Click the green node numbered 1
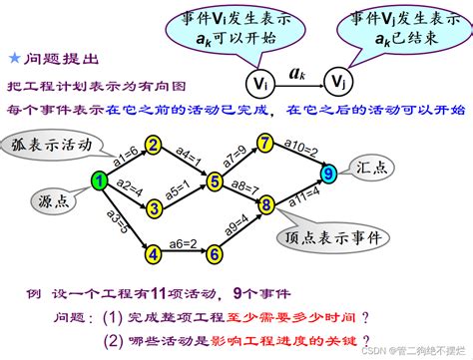pyautogui.click(x=100, y=180)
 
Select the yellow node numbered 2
pyautogui.click(x=154, y=146)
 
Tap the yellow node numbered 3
pyautogui.click(x=154, y=208)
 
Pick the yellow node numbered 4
pyautogui.click(x=154, y=254)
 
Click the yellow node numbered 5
pyautogui.click(x=214, y=180)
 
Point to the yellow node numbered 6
pyautogui.click(x=214, y=254)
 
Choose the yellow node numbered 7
pyautogui.click(x=265, y=143)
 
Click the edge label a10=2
pyautogui.click(x=300, y=146)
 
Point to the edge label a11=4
pyautogui.click(x=303, y=199)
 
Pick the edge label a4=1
pyautogui.click(x=188, y=154)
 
